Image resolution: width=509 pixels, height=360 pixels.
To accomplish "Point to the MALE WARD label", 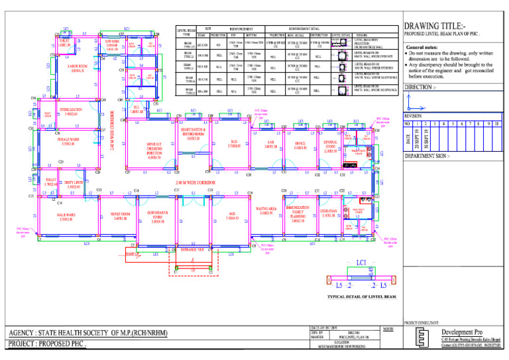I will (x=66, y=216).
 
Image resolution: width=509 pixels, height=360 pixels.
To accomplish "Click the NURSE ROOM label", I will (x=121, y=216).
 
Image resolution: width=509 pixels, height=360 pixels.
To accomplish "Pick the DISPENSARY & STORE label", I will (x=157, y=217).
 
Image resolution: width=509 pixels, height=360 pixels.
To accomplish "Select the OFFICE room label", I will (x=300, y=145).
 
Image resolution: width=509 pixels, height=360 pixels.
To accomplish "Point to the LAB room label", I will (x=270, y=145).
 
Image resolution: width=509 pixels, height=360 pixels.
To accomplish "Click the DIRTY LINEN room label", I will (x=73, y=184).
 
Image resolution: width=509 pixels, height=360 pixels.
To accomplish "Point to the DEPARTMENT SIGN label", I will (x=427, y=156).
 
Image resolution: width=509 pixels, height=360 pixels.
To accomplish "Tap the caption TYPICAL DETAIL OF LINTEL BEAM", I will (x=361, y=297).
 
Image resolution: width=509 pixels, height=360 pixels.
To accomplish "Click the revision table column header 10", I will (x=495, y=124).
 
